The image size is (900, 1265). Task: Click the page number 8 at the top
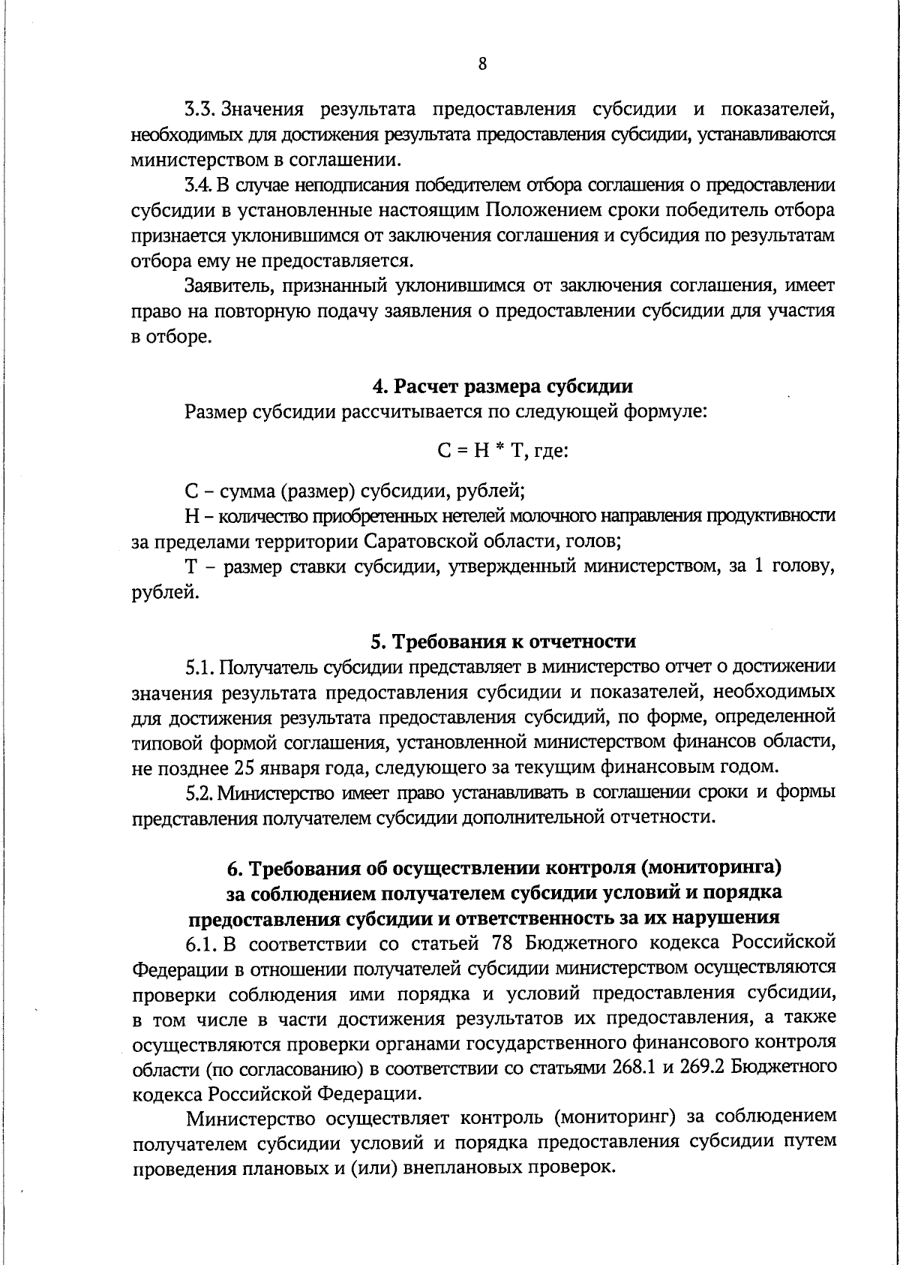pos(482,64)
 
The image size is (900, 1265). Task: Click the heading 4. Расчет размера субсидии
pos(502,386)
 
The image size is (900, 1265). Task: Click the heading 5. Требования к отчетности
pos(503,642)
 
